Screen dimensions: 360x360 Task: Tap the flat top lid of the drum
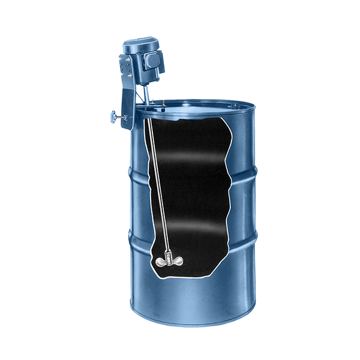click(198, 108)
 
